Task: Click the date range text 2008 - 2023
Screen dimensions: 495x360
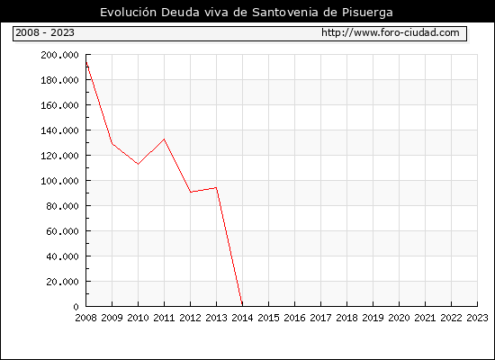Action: tap(45, 32)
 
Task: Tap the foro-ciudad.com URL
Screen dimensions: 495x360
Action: tap(391, 32)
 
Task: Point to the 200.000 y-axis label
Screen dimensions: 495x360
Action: tap(59, 55)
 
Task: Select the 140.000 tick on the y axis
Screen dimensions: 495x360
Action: tap(59, 130)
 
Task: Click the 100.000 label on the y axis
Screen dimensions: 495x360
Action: tap(59, 181)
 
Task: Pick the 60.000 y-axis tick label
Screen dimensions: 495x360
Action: tap(62, 231)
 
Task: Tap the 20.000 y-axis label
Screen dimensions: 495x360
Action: tap(62, 282)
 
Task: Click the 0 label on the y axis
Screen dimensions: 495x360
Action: tap(76, 307)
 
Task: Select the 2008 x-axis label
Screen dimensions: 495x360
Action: tap(85, 318)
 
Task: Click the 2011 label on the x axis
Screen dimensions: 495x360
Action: tap(164, 318)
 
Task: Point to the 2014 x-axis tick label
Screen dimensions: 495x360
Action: tap(242, 318)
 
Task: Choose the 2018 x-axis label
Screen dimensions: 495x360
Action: tap(346, 318)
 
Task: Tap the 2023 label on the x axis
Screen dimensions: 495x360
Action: tap(477, 318)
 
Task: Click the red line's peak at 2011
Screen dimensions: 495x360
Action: tap(164, 139)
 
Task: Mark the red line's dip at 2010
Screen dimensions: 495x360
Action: tap(138, 164)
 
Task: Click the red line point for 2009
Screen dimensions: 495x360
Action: tap(112, 144)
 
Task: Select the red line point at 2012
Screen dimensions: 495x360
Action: tap(191, 192)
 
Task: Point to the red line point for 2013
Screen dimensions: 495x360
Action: tap(216, 187)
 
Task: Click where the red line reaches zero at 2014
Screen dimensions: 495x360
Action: tap(242, 306)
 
